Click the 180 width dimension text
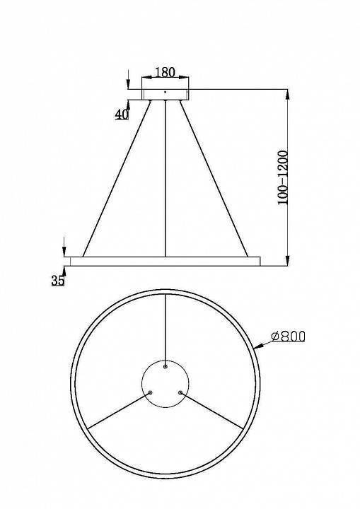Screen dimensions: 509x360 [x=164, y=72]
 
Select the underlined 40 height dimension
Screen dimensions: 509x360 [x=122, y=114]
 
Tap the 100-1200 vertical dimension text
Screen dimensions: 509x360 [x=282, y=177]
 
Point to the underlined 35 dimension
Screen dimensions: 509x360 [x=57, y=280]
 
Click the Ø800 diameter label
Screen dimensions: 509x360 [x=288, y=337]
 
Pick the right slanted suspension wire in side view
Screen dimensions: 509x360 [x=212, y=177]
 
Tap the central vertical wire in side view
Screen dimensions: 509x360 [x=165, y=177]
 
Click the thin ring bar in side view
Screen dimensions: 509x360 [x=165, y=259]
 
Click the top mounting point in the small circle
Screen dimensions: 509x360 [x=165, y=366]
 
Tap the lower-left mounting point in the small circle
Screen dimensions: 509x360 [x=150, y=392]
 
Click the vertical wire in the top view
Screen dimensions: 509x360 [x=165, y=329]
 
